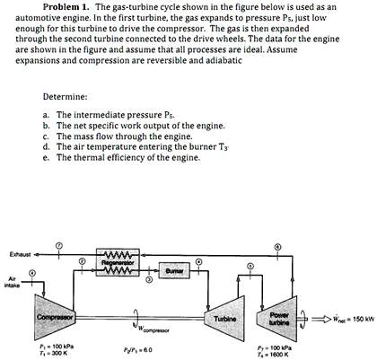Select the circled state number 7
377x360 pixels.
(x=59, y=245)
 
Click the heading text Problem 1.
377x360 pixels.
(x=75, y=6)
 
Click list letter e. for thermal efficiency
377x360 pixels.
(x=46, y=157)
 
